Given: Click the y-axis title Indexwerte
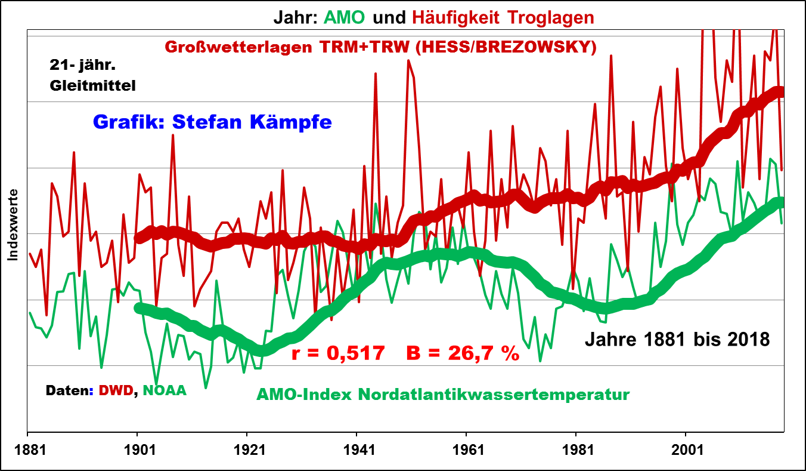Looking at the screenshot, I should point(13,225).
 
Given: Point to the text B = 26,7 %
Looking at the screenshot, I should point(463,353).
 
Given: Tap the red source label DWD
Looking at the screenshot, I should point(116,390).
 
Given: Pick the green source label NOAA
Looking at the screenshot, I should point(165,390).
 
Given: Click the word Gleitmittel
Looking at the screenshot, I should point(92,85).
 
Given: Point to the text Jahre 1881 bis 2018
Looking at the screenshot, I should point(677,340).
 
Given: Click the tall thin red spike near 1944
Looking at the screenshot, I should point(376,84).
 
